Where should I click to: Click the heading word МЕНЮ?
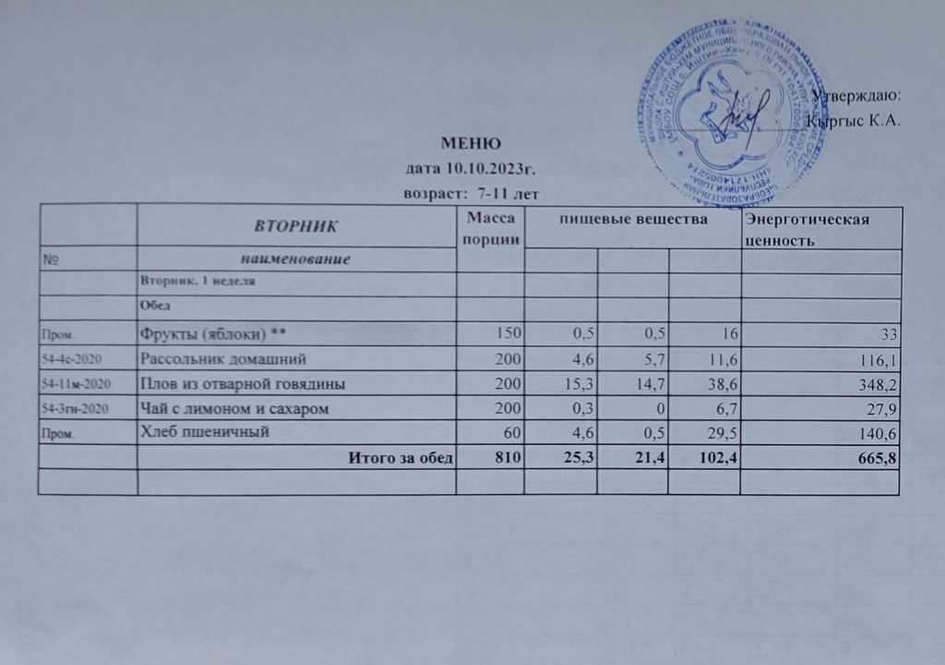471,144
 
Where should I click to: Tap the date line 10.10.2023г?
471,169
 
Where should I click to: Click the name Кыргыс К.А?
853,120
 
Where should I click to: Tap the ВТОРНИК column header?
296,224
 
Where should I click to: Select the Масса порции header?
490,226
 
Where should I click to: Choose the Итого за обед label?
399,457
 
